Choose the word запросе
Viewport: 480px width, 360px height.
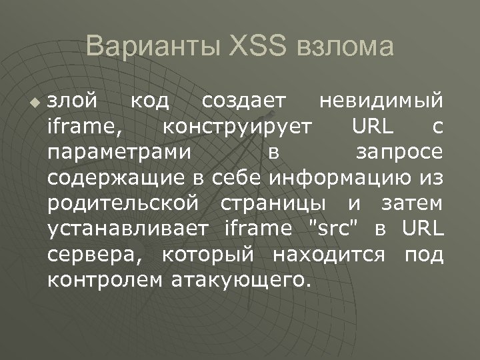(398, 152)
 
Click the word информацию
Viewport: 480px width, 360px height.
(343, 178)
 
